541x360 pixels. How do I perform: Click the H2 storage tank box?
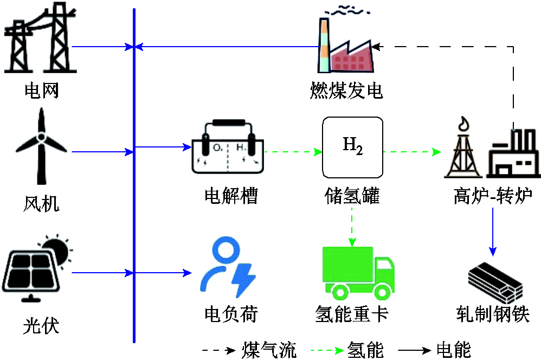tap(352, 147)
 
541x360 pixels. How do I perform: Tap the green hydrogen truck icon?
tap(358, 273)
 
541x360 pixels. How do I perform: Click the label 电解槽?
tap(230, 196)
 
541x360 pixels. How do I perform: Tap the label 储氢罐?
tap(352, 196)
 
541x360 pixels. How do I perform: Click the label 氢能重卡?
tap(352, 314)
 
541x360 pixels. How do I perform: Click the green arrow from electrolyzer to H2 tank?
tap(293, 152)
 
